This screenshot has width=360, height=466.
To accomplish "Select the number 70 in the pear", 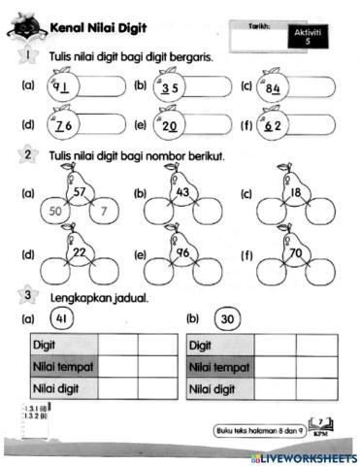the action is tap(295, 253).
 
